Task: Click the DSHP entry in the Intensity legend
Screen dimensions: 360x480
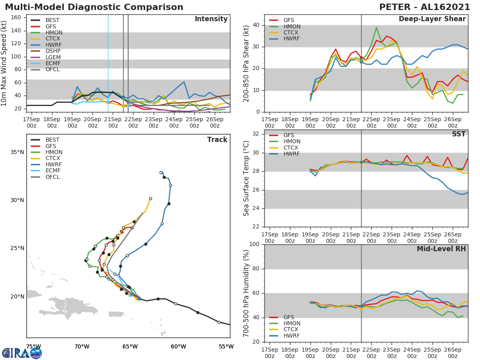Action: pos(53,51)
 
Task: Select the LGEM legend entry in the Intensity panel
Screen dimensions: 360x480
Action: pos(53,57)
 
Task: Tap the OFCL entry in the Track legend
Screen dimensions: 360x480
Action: pos(53,177)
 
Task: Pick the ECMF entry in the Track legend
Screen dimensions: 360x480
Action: pos(53,171)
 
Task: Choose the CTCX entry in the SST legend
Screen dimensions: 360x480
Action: pos(292,148)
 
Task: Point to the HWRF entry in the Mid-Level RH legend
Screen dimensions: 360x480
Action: pos(292,336)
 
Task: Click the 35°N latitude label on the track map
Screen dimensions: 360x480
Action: pos(17,152)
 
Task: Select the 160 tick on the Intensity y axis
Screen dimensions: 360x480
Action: pos(16,18)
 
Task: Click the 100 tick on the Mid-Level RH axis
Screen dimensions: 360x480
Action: pos(254,244)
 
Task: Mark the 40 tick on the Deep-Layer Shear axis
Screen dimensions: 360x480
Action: pos(256,25)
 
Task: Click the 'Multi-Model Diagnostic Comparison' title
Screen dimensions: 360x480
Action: pos(94,7)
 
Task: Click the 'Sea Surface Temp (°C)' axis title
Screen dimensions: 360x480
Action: pos(246,178)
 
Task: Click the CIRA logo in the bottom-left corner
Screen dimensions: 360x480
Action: pos(22,353)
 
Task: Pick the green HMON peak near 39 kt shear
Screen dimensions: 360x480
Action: pos(376,28)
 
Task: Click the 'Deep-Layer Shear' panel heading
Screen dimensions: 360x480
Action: pos(432,19)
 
